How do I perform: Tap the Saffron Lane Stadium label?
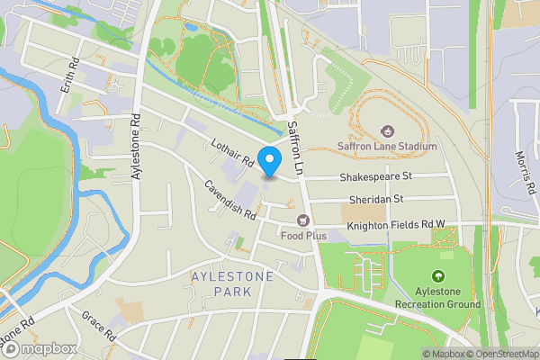tap(387, 146)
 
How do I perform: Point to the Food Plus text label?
tap(303, 236)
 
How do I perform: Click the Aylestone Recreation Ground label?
tap(438, 298)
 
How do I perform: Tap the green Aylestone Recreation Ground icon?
tap(438, 276)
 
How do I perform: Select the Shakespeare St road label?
tap(375, 176)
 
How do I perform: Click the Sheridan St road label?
tap(375, 199)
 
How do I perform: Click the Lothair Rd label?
tap(229, 151)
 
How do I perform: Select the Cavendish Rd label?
tap(229, 200)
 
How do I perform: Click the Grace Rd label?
tap(98, 326)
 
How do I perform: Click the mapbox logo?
tap(40, 348)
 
